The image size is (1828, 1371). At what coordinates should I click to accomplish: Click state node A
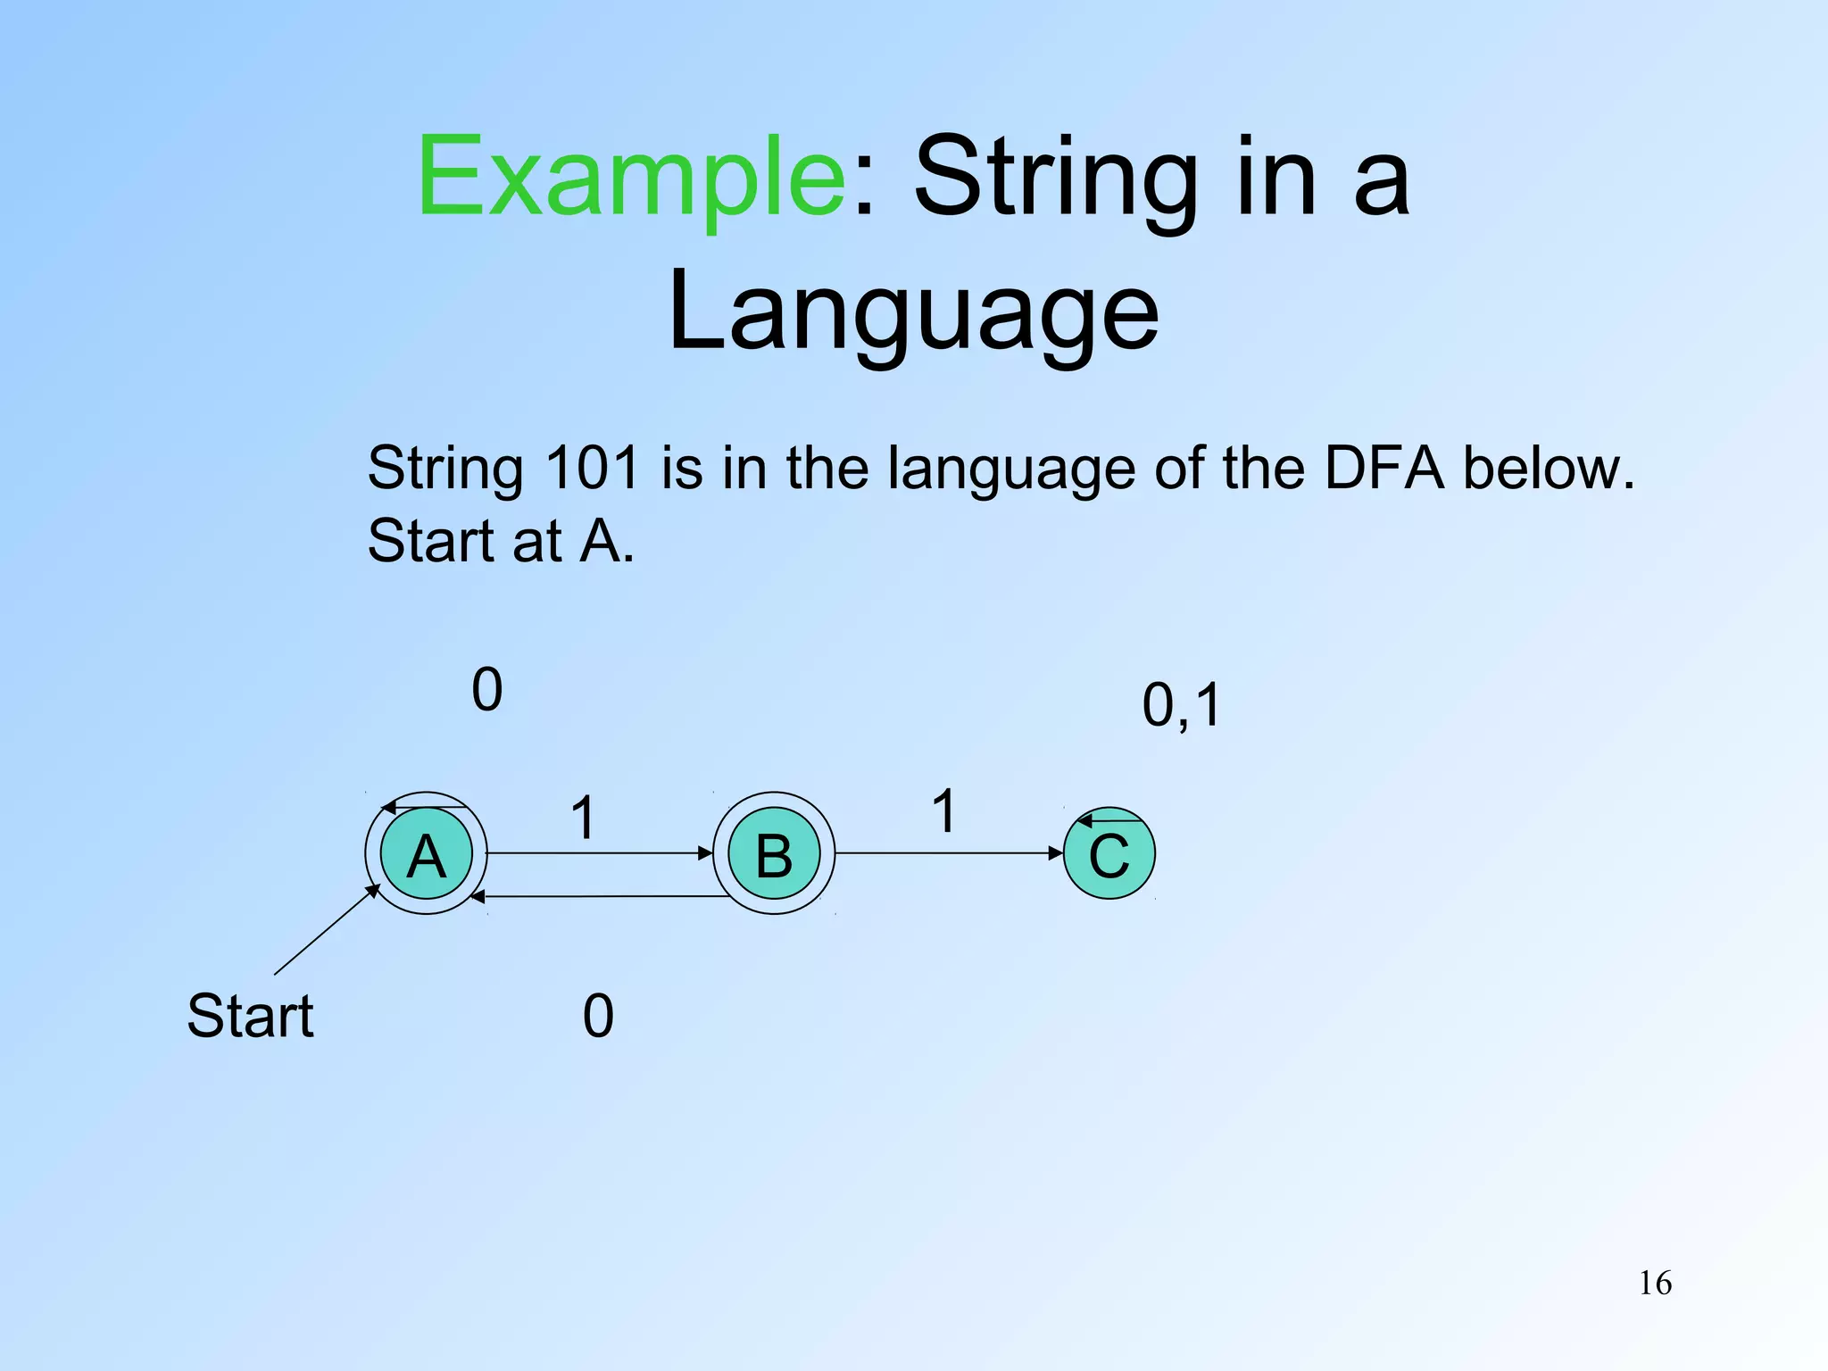click(426, 854)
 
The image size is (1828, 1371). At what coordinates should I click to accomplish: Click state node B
click(774, 854)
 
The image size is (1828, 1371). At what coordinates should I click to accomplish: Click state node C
click(1109, 854)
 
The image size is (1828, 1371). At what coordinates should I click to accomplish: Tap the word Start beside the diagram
click(250, 1016)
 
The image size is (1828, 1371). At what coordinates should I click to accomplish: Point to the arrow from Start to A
click(326, 930)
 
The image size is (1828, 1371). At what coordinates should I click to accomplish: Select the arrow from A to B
click(598, 853)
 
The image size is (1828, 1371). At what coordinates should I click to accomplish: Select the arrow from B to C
click(949, 853)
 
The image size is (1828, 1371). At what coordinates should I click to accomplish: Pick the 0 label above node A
click(487, 689)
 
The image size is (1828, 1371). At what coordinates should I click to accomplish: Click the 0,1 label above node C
click(1181, 705)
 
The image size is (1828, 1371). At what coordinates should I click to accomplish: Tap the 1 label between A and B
click(583, 817)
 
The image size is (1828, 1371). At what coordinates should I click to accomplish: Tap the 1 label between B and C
click(944, 810)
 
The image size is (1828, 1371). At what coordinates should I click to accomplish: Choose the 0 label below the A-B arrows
click(598, 1016)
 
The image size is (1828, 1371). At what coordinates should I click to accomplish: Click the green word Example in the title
click(631, 177)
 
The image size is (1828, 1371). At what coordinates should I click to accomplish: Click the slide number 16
click(1655, 1284)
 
